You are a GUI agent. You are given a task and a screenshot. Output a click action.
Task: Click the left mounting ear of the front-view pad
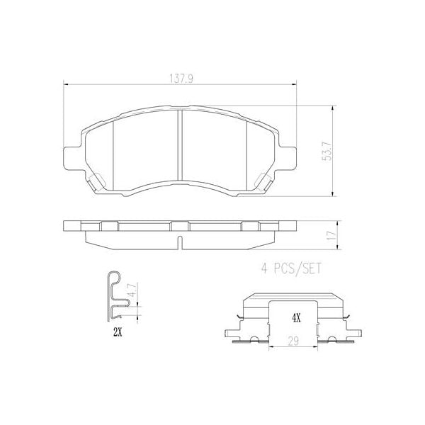[x=70, y=158]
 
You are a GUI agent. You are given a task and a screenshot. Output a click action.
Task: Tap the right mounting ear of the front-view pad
[x=290, y=158]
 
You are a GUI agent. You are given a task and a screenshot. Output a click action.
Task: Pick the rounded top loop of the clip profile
[x=113, y=276]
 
